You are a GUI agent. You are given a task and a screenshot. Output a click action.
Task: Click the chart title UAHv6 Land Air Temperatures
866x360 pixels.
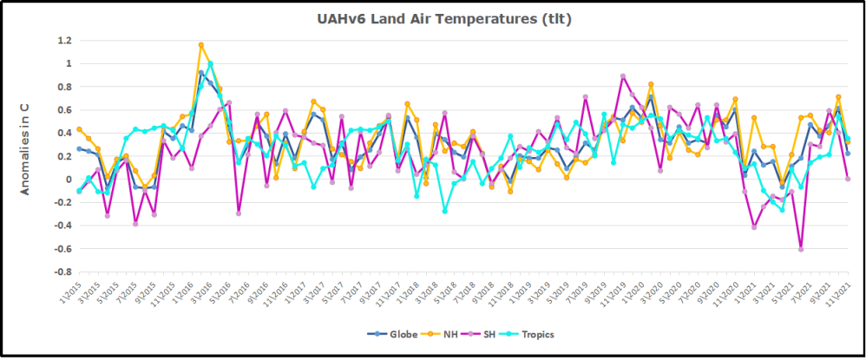pos(431,18)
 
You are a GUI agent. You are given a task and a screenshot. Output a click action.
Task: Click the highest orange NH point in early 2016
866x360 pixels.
pos(201,44)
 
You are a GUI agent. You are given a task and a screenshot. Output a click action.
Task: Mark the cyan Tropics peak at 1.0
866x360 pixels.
pos(211,63)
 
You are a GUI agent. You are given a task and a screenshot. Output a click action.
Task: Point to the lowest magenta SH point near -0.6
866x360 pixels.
pos(801,249)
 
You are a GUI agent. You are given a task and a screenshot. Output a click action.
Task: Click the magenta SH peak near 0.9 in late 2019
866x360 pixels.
pos(623,76)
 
